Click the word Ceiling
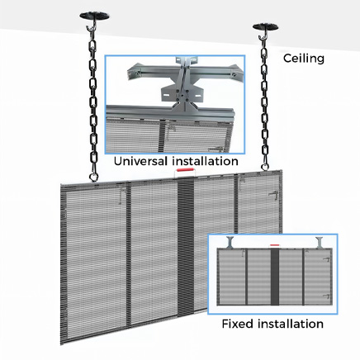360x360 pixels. [304, 59]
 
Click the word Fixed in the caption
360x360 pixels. [238, 324]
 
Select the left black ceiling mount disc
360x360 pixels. [94, 16]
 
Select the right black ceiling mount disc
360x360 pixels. [265, 26]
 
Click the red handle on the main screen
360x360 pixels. [186, 170]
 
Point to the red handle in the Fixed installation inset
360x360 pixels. [275, 244]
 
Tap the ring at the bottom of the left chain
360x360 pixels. [93, 177]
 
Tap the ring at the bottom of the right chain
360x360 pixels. [265, 167]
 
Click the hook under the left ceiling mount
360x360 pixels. [91, 27]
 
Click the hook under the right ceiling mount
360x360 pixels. [263, 36]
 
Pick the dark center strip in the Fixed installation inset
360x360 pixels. [275, 277]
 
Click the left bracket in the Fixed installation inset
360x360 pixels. [230, 242]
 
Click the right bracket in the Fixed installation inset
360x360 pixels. [320, 243]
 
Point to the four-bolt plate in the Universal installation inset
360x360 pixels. [182, 96]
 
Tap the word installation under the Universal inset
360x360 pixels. [205, 161]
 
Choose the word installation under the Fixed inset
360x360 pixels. [291, 324]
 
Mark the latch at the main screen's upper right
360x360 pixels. [273, 195]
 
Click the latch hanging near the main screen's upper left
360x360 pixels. [121, 195]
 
